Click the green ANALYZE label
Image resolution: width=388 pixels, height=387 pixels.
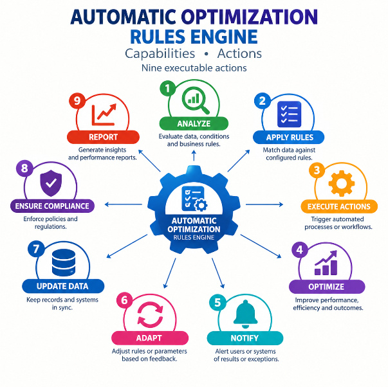point(194,123)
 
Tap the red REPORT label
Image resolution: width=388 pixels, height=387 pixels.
point(103,137)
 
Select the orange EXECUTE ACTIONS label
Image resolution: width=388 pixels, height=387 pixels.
point(339,206)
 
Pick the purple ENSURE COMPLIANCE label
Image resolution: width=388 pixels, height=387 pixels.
point(52,206)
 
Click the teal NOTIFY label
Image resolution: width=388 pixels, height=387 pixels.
point(245,338)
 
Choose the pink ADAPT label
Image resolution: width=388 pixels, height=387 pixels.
point(149,338)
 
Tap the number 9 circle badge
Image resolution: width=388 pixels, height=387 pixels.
point(77,101)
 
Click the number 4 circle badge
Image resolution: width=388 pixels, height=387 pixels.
point(300,250)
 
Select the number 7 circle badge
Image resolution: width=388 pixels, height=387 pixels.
point(36,249)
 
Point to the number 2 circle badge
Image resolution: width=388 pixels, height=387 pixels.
point(263,101)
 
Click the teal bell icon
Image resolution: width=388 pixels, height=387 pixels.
point(245,314)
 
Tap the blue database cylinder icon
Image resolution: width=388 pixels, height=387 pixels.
point(64,263)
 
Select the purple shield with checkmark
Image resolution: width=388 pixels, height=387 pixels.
point(51,183)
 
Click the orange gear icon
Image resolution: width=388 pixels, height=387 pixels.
point(342,183)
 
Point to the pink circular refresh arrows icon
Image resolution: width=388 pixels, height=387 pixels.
point(150,314)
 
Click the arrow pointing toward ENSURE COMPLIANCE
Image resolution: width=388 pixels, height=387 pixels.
point(124,204)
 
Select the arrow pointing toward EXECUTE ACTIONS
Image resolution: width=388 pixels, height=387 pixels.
point(264,204)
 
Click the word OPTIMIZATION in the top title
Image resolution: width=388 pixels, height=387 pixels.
point(249,17)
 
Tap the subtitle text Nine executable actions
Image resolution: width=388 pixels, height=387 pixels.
point(194,68)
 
